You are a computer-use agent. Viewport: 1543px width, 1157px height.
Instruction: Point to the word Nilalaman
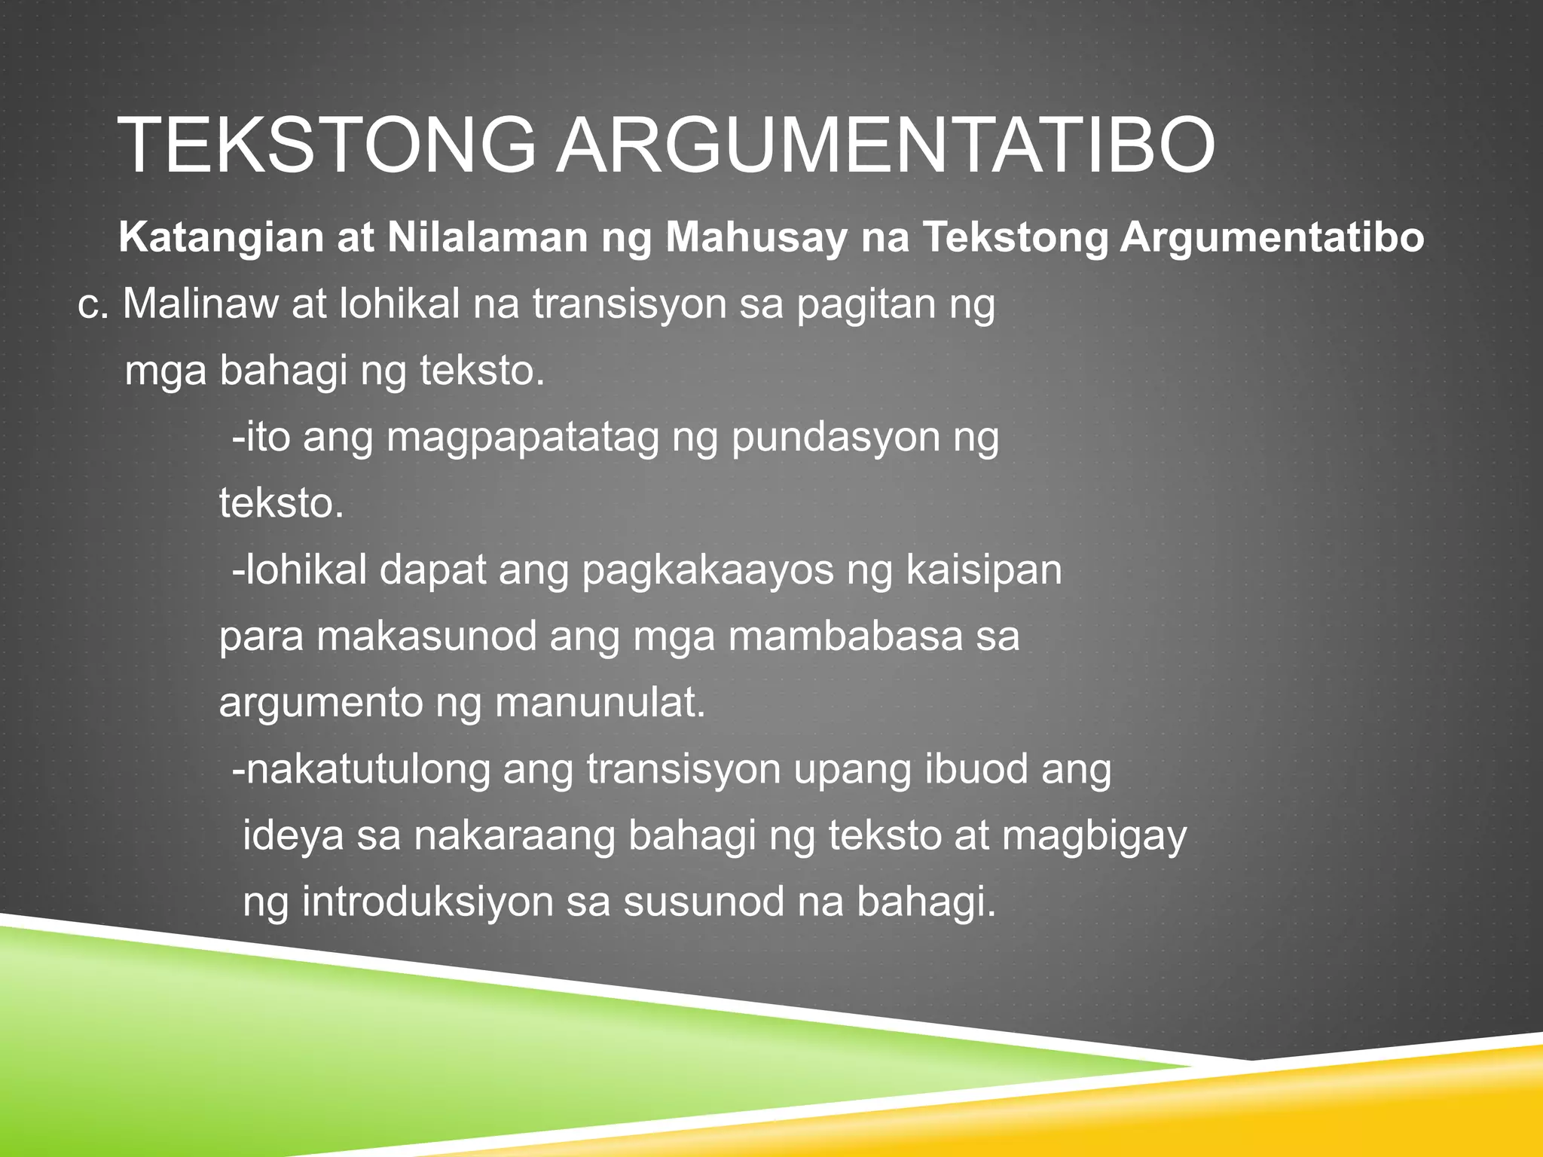487,238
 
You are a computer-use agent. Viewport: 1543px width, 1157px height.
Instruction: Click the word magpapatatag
523,439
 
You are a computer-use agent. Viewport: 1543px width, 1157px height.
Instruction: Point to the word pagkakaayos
708,572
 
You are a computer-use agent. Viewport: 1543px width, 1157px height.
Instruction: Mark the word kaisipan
983,570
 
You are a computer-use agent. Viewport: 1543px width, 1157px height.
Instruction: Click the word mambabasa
846,637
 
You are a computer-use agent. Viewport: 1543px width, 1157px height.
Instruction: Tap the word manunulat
600,704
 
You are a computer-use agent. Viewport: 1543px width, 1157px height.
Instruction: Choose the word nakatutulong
368,771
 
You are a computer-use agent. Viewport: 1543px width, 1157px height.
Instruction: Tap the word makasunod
426,637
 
